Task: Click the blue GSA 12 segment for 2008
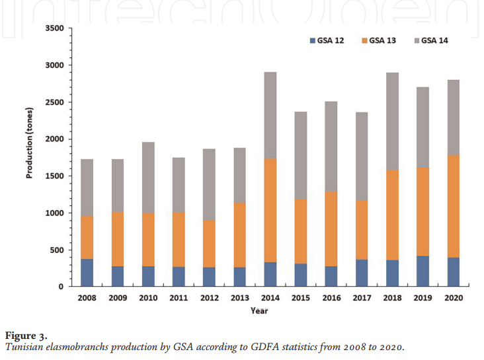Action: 87,273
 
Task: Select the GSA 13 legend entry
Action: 379,41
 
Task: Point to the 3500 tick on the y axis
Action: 54,28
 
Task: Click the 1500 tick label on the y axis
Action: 54,176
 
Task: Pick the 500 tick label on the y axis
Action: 57,250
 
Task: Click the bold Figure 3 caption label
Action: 27,335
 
